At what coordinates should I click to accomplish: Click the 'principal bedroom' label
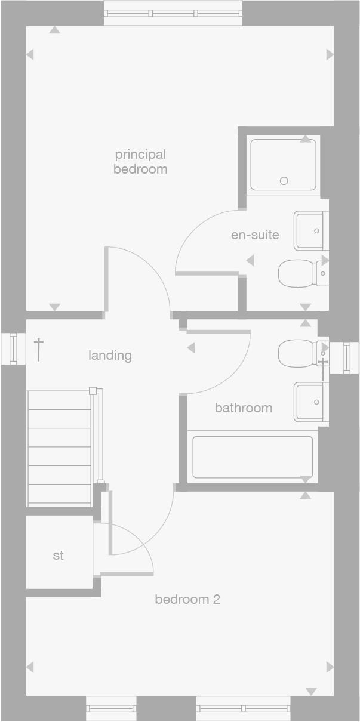(140, 162)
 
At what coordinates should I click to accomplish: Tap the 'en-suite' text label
(255, 235)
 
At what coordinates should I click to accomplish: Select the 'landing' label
(110, 356)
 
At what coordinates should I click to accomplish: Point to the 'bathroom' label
(243, 408)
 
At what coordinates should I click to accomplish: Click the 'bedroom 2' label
(187, 599)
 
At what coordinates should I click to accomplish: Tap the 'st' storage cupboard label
(58, 556)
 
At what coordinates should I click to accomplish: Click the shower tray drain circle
(284, 181)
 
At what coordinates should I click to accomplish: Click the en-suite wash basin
(311, 230)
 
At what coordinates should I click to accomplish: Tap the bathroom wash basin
(311, 402)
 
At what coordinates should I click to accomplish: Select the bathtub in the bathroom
(253, 457)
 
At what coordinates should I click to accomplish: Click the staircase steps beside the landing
(59, 448)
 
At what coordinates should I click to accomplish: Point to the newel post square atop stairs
(93, 391)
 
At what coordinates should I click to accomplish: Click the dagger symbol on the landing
(39, 348)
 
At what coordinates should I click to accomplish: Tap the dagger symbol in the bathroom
(323, 368)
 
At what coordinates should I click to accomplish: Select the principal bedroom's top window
(173, 13)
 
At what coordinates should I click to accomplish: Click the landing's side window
(13, 348)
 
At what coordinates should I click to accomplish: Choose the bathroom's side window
(344, 357)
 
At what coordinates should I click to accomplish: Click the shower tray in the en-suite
(283, 164)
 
